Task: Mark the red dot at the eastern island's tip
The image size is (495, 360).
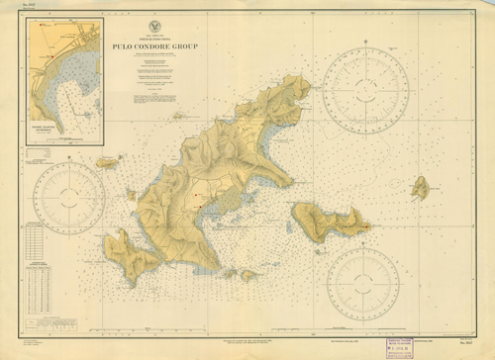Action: [369, 225]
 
